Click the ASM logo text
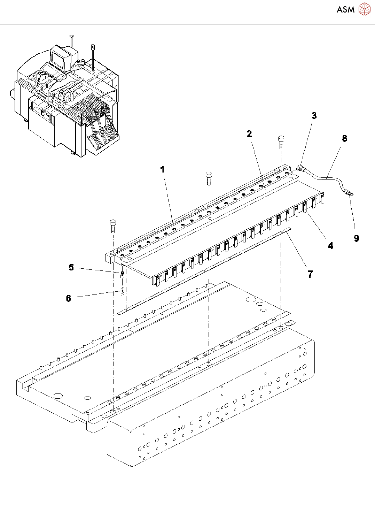pyautogui.click(x=345, y=10)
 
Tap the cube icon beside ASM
pyautogui.click(x=364, y=9)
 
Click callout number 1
pyautogui.click(x=162, y=169)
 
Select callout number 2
pyautogui.click(x=249, y=134)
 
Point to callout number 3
pyautogui.click(x=314, y=116)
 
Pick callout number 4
pyautogui.click(x=330, y=245)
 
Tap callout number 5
pyautogui.click(x=71, y=267)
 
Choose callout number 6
pyautogui.click(x=68, y=298)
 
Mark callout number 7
pyautogui.click(x=310, y=274)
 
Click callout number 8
pyautogui.click(x=344, y=138)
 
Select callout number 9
pyautogui.click(x=356, y=238)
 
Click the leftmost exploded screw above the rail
pyautogui.click(x=113, y=226)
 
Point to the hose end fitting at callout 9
pyautogui.click(x=349, y=193)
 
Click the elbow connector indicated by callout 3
pyautogui.click(x=300, y=168)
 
